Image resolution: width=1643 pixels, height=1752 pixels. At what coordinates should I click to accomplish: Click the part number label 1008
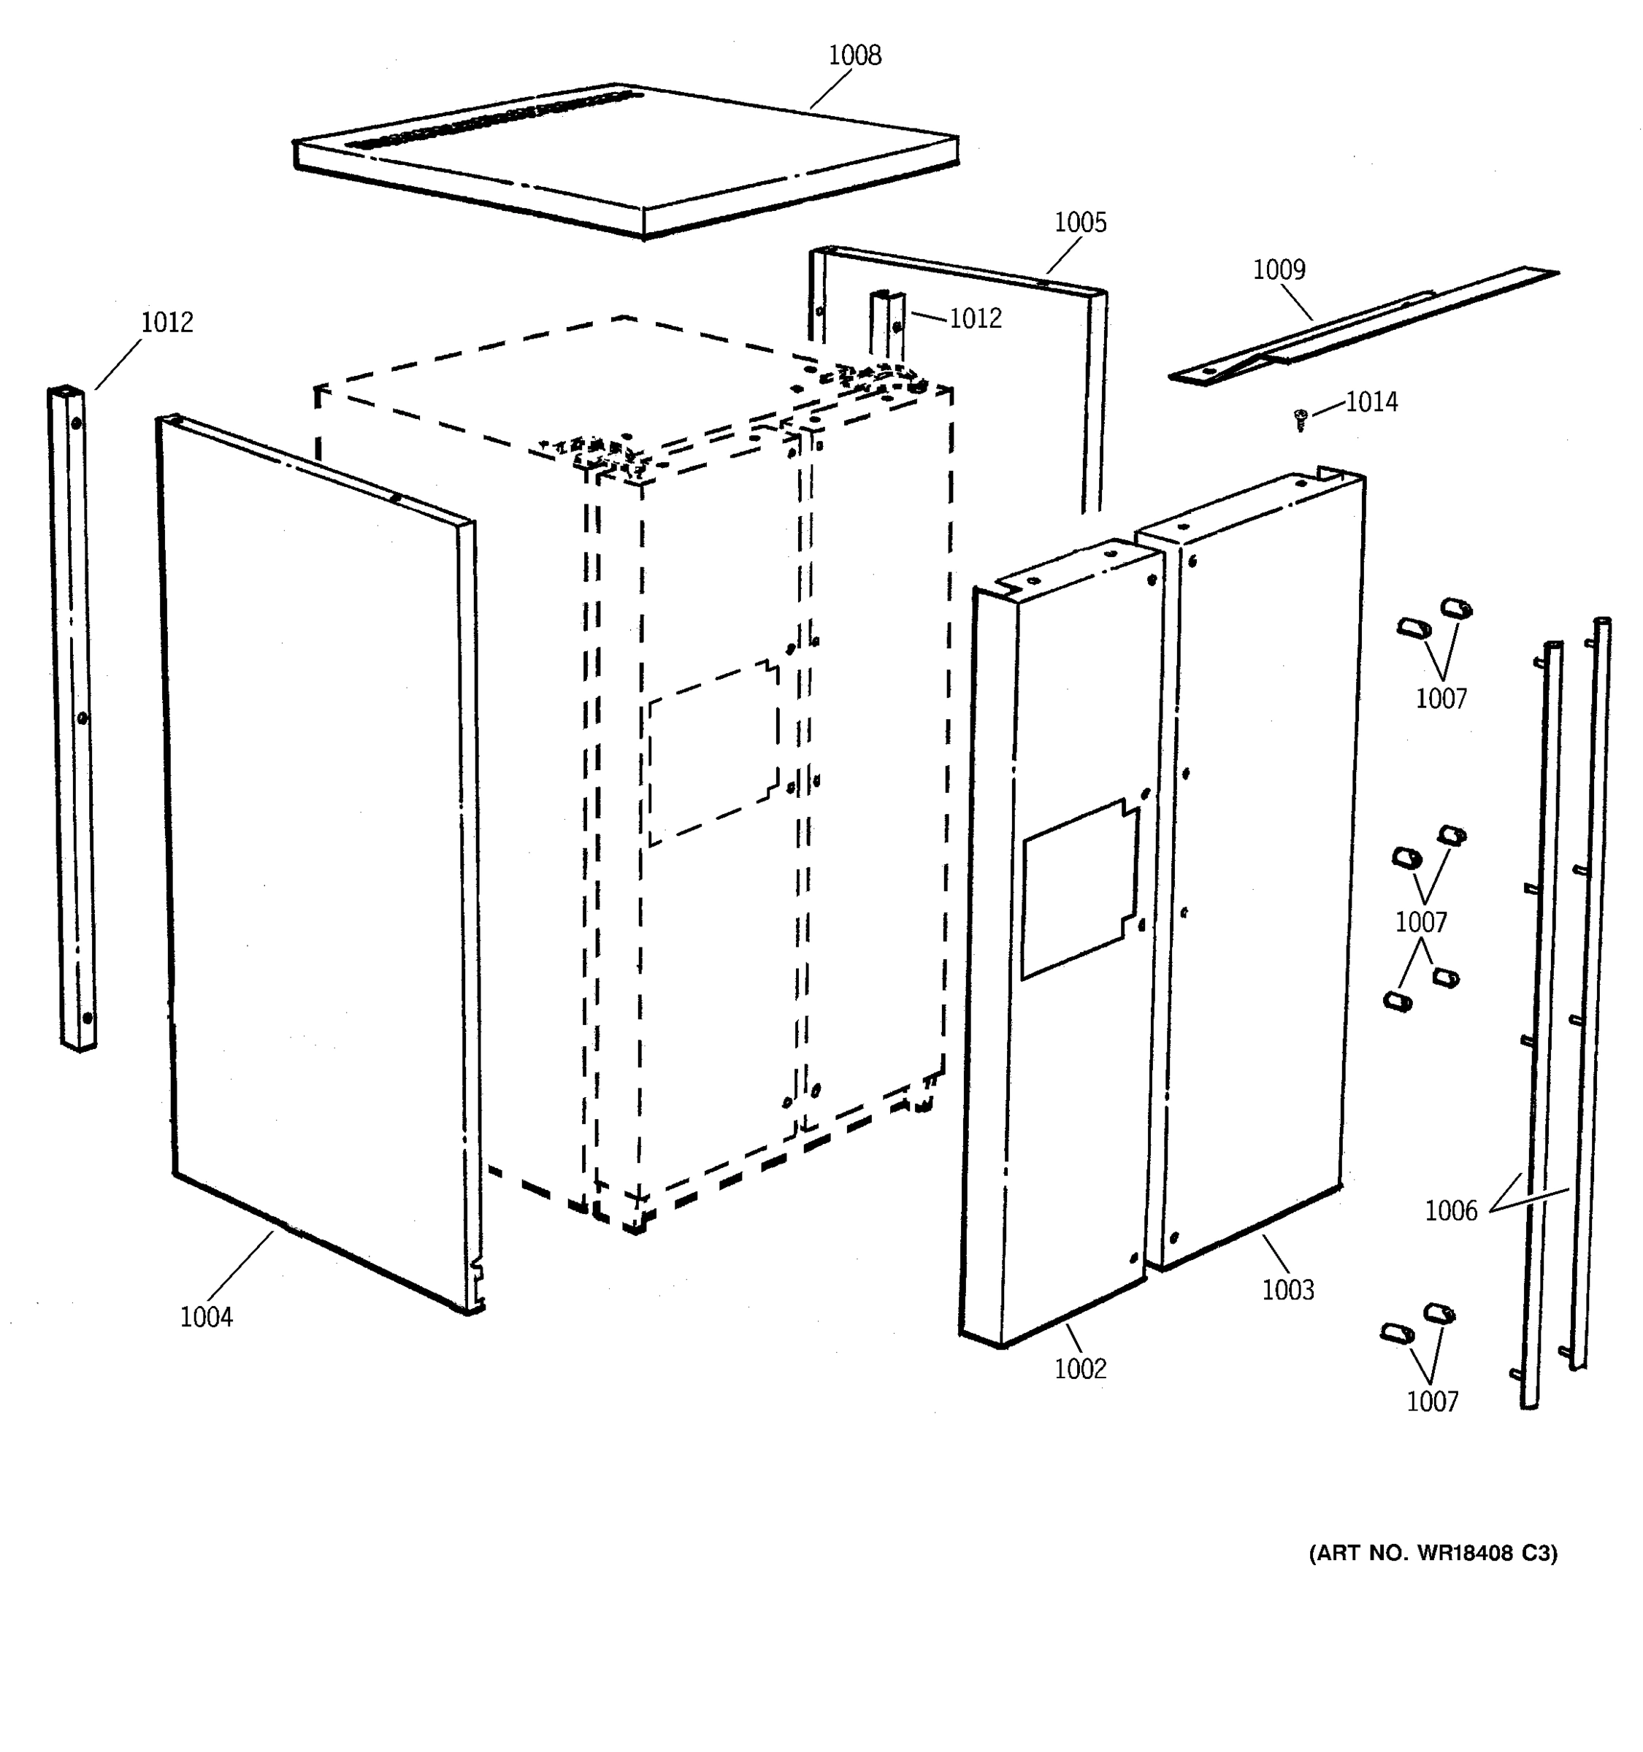point(854,55)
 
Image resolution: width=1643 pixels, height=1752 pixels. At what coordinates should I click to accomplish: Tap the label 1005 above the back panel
point(1080,223)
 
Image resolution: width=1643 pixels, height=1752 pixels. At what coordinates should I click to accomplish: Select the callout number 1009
point(1278,269)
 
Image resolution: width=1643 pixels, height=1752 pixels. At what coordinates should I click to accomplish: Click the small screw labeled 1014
point(1299,420)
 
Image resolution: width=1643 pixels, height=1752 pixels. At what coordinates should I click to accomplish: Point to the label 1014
point(1371,403)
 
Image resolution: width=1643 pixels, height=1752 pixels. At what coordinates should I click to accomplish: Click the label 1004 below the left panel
point(206,1318)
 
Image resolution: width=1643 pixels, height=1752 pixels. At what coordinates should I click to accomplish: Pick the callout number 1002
point(1080,1369)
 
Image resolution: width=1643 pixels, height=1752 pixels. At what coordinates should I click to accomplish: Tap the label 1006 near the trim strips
point(1450,1211)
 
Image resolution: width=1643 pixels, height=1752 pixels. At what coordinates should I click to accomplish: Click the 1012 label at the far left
point(166,323)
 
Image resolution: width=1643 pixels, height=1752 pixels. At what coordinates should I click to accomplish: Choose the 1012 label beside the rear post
point(975,319)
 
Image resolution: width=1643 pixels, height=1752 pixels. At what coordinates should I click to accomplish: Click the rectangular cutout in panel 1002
point(1079,890)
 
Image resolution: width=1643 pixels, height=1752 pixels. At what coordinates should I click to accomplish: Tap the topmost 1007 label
point(1440,699)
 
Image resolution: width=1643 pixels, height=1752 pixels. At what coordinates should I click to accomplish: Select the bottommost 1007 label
point(1431,1402)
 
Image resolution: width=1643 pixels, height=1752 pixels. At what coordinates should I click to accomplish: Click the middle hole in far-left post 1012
point(82,718)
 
